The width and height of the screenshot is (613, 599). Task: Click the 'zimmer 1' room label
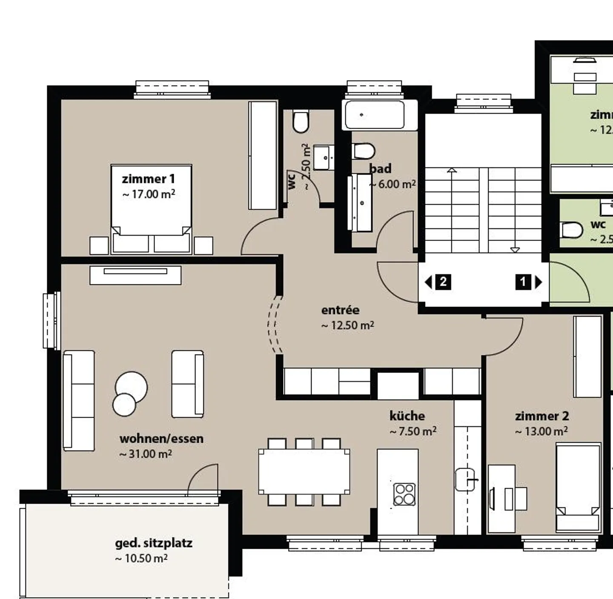pos(148,179)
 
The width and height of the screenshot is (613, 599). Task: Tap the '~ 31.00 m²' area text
pos(146,454)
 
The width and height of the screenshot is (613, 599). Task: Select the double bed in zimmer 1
pos(151,209)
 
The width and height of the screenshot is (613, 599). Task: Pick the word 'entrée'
pos(340,310)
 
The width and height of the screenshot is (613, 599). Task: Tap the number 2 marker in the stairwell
pos(443,282)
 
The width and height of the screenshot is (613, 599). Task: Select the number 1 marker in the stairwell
pos(523,282)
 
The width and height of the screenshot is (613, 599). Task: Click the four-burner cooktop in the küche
pos(404,494)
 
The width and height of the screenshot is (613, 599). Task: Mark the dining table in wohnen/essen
pos(304,472)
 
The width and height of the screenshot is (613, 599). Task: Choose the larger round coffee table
pos(132,387)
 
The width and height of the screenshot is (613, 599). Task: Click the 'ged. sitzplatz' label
pos(154,543)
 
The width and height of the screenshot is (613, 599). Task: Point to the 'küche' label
pos(407,416)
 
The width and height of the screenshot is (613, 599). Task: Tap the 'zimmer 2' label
pos(541,416)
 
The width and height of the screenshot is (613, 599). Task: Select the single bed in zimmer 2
pos(579,487)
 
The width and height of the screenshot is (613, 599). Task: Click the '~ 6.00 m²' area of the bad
pos(392,184)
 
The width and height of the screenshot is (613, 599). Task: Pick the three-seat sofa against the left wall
pos(79,400)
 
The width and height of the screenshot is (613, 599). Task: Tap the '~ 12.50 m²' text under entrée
pos(347,326)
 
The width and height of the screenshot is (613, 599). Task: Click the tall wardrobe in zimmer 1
pos(263,155)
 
